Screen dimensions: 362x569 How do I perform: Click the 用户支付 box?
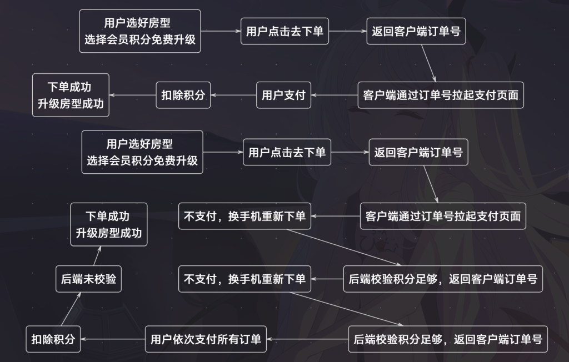[x=283, y=95]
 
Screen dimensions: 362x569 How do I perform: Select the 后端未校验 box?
[x=89, y=279]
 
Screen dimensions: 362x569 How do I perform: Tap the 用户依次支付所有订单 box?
[x=206, y=339]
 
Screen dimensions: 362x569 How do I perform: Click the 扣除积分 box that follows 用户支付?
[x=183, y=95]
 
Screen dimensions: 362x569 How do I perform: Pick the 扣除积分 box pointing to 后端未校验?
[x=53, y=339]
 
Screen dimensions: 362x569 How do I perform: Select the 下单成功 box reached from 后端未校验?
[x=109, y=224]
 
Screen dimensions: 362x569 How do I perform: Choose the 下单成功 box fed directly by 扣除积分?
[x=71, y=95]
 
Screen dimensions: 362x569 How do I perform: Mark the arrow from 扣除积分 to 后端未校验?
[x=67, y=310]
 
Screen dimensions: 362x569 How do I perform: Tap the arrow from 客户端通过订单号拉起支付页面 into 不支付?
[x=336, y=216]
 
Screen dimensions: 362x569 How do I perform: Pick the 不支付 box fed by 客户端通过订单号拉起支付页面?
[x=244, y=216]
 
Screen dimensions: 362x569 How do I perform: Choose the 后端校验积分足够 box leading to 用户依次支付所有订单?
[x=448, y=339]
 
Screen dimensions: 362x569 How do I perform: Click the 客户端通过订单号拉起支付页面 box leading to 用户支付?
[x=441, y=95]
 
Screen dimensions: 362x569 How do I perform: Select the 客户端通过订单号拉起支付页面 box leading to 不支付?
[x=443, y=216]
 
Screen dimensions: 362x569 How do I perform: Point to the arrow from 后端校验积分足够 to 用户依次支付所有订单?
[x=308, y=339]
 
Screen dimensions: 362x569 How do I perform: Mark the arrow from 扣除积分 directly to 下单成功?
[x=132, y=95]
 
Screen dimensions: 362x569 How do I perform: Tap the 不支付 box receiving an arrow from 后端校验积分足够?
[x=244, y=279]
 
